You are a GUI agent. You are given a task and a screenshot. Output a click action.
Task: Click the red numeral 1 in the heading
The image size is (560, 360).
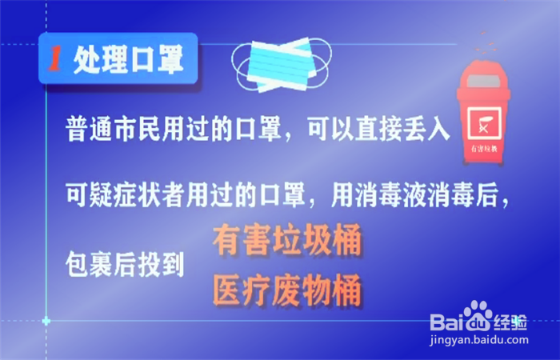point(56,58)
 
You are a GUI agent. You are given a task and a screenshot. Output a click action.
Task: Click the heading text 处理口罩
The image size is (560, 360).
point(126,58)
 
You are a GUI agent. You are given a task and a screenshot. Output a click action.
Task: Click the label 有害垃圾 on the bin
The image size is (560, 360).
point(483,148)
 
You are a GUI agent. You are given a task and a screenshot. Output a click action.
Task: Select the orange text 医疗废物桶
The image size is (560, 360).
point(286,290)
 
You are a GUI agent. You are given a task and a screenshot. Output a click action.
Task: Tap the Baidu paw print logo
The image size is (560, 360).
point(478,314)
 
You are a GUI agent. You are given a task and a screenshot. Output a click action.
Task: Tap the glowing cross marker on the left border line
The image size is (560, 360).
point(46,321)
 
